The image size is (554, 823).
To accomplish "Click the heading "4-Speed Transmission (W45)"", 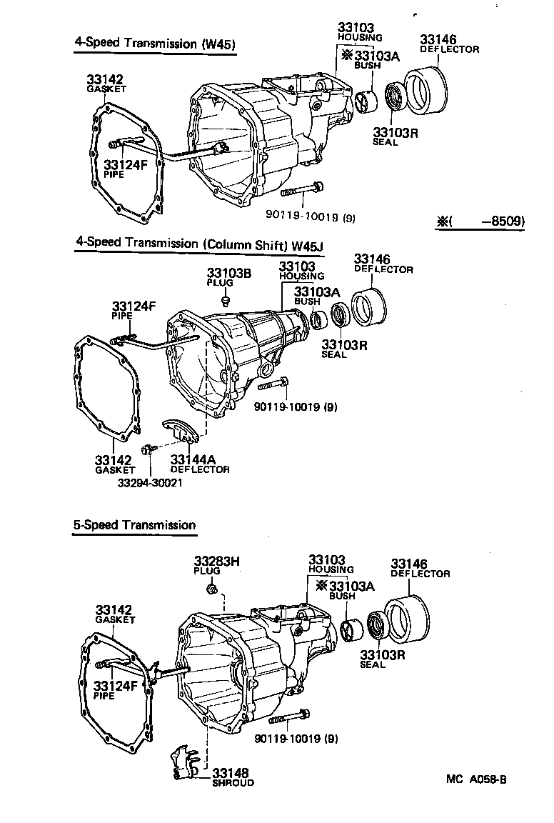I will tap(155, 43).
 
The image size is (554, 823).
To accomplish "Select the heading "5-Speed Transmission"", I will tap(134, 525).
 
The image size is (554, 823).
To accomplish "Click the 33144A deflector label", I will tap(199, 463).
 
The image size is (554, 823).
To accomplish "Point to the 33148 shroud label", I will tap(232, 777).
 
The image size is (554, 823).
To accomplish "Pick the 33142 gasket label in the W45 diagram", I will tap(106, 82).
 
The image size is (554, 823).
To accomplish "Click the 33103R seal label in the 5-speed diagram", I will tap(382, 658).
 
